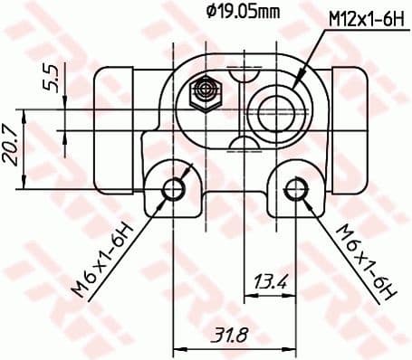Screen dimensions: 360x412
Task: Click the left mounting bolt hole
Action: click(174, 189)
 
